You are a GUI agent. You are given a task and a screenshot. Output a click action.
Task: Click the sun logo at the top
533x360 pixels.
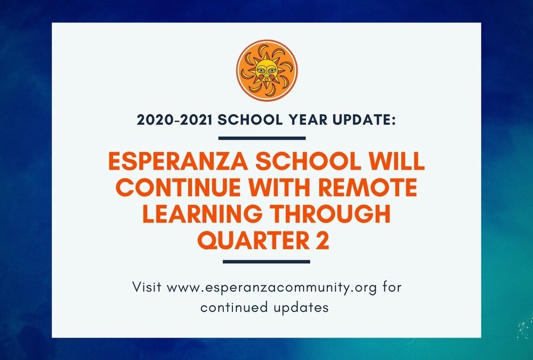[x=266, y=70]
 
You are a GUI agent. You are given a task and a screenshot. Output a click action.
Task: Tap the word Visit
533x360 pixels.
[x=147, y=287]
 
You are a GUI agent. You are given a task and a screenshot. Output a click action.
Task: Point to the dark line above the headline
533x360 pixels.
[x=262, y=138]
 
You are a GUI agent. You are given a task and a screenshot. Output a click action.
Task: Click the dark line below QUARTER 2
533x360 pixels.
[x=266, y=261]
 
